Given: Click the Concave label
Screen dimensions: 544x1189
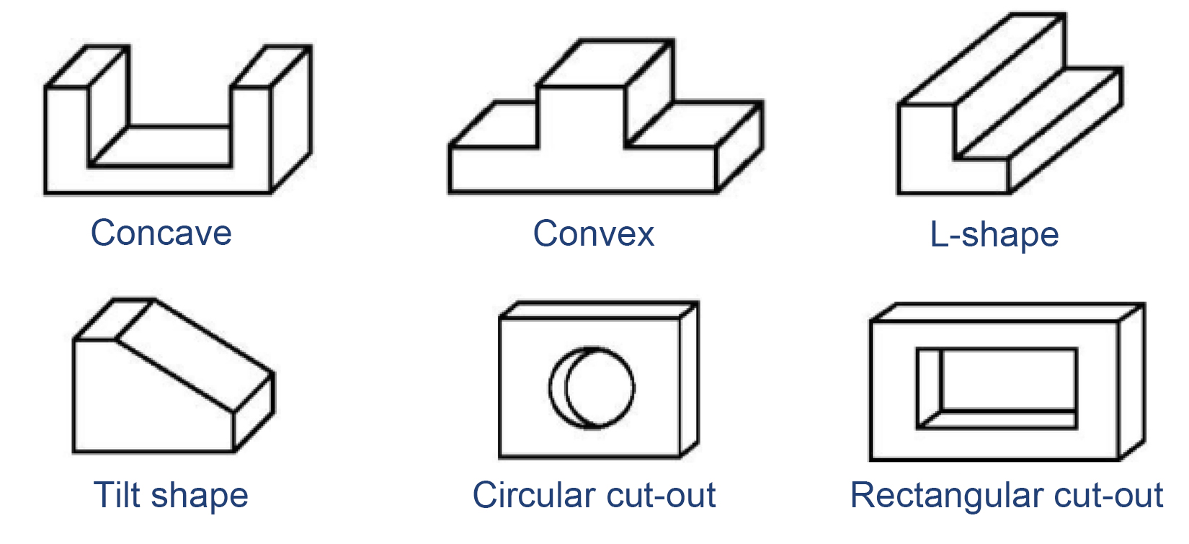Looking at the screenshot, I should point(161,233).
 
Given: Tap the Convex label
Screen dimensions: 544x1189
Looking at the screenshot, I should point(593,233).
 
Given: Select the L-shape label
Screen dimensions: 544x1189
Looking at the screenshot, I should point(994,235).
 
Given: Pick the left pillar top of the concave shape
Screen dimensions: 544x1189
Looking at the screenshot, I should point(86,66).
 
